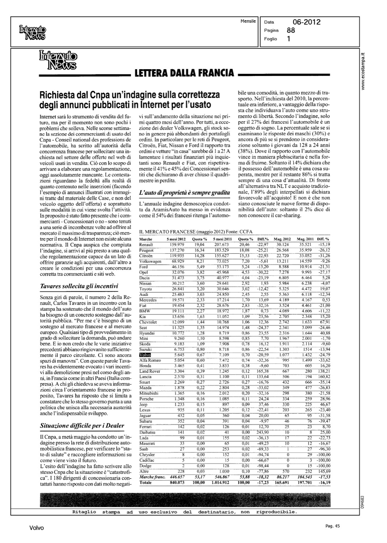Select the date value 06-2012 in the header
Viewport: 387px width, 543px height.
307,22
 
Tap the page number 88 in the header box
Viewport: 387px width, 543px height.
291,30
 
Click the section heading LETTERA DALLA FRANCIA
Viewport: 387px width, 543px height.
184,73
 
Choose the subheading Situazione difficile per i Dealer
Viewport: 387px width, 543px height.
82,425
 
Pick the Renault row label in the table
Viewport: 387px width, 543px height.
146,245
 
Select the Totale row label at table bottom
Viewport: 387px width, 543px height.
146,483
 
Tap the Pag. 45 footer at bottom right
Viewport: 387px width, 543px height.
332,526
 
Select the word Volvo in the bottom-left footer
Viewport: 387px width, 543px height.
37,528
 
